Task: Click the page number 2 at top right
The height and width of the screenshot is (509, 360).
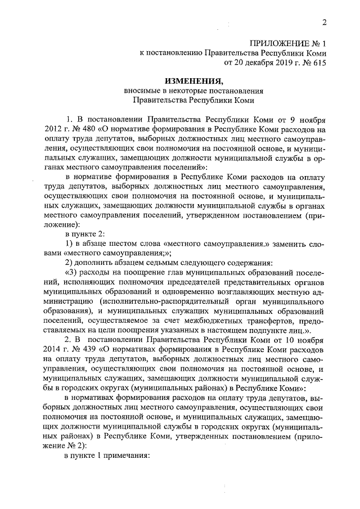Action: tap(324, 22)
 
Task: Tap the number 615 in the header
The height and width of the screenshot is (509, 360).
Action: tap(317, 63)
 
